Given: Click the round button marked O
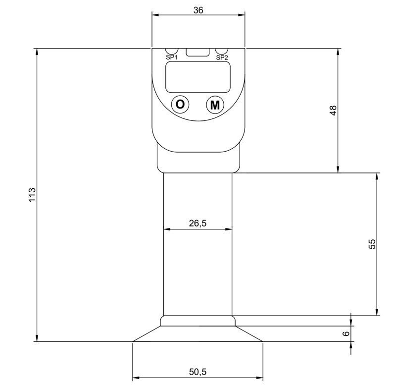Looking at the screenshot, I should (180, 105).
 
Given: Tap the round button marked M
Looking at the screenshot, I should (215, 105).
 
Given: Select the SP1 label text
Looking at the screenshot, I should (172, 57).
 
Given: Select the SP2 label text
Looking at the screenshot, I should (222, 57).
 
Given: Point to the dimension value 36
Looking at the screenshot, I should (198, 9).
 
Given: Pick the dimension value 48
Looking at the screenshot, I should (333, 110).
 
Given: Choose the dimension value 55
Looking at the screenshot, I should (373, 244).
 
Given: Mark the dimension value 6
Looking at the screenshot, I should (346, 333).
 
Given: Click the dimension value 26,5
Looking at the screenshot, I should (198, 223).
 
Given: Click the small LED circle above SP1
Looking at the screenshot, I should (171, 51).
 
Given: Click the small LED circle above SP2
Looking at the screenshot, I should (221, 51).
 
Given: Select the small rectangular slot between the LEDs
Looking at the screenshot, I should (197, 52).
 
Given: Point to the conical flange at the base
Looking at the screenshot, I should (198, 334).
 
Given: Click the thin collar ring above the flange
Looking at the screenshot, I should (198, 321).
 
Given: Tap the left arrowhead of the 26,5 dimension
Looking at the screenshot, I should (167, 229).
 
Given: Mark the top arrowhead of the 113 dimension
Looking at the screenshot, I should (37, 52).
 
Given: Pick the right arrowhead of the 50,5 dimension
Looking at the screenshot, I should (259, 378).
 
